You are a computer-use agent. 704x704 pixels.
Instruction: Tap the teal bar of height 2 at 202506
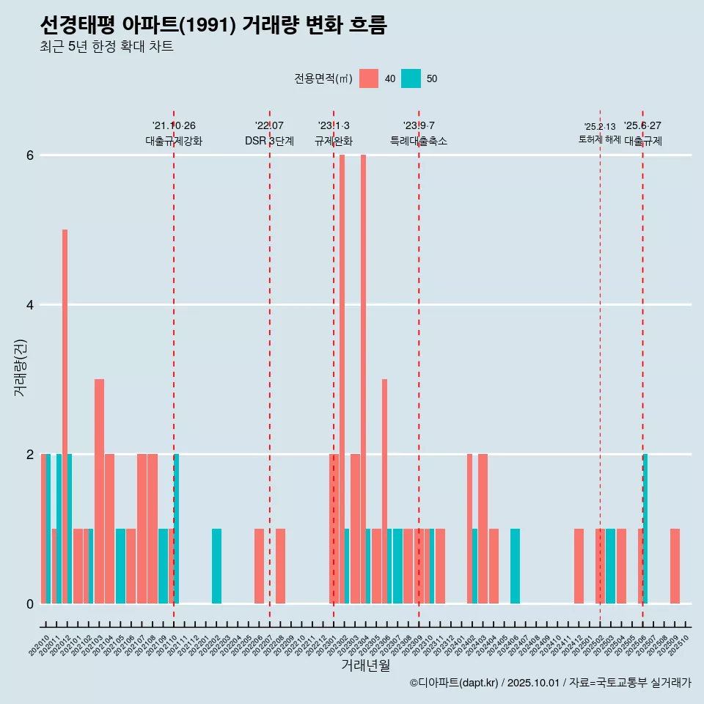pyautogui.click(x=645, y=529)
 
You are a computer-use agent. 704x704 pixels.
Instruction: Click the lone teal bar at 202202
pyautogui.click(x=216, y=565)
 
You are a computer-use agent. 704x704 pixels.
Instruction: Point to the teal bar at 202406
pyautogui.click(x=515, y=565)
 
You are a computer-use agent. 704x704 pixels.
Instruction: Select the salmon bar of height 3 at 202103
pyautogui.click(x=99, y=491)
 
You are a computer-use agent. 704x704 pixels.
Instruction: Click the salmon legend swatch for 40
pyautogui.click(x=369, y=78)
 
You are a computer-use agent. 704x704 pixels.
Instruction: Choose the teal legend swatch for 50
pyautogui.click(x=411, y=78)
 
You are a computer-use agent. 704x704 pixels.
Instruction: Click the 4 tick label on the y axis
pyautogui.click(x=30, y=305)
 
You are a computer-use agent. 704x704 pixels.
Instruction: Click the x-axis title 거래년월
pyautogui.click(x=365, y=665)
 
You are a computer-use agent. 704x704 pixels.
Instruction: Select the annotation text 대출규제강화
pyautogui.click(x=174, y=141)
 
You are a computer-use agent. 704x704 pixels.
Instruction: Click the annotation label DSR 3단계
pyautogui.click(x=269, y=141)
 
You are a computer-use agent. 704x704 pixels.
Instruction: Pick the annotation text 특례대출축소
pyautogui.click(x=419, y=141)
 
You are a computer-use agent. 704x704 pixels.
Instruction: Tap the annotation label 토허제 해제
pyautogui.click(x=600, y=139)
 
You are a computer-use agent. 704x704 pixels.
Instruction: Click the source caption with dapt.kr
pyautogui.click(x=550, y=683)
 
